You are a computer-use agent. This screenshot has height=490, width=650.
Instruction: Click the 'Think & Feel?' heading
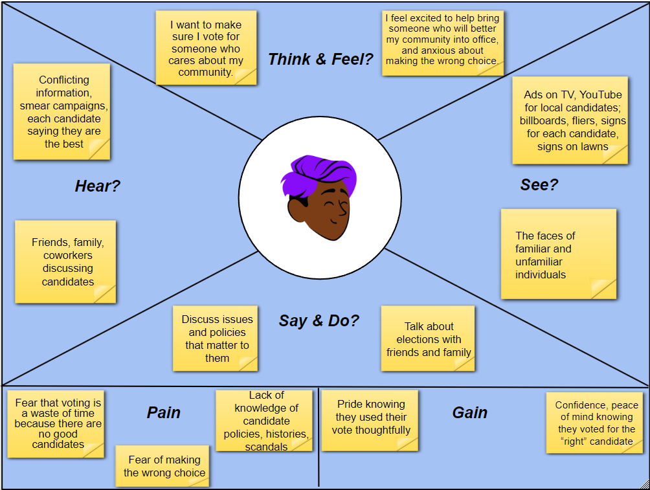point(320,60)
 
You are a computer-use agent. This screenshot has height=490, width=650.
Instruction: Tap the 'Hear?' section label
point(98,186)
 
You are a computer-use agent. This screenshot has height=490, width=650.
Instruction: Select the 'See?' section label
point(539,184)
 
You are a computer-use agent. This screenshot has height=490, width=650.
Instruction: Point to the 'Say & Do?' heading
point(319,320)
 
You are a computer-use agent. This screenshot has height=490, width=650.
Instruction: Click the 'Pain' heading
point(163,412)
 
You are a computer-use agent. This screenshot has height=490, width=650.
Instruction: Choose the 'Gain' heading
point(469,412)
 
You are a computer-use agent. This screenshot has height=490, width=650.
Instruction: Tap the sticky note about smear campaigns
point(62,111)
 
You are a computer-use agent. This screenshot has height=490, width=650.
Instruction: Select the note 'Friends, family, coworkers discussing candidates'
point(65,262)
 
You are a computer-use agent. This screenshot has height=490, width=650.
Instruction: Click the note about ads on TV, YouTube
point(570,120)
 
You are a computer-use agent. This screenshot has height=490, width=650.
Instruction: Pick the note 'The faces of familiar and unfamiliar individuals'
point(558,254)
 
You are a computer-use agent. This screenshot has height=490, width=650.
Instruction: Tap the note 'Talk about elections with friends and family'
point(428,339)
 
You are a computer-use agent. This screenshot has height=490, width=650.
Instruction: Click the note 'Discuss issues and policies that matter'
point(216,338)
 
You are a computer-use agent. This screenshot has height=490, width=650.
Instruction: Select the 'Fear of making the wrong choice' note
point(162,466)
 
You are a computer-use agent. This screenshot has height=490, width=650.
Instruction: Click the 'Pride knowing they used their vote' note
point(370,420)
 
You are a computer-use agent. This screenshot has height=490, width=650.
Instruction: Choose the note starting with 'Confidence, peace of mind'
point(594,423)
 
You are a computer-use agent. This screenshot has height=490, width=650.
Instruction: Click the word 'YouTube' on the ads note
point(600,95)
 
